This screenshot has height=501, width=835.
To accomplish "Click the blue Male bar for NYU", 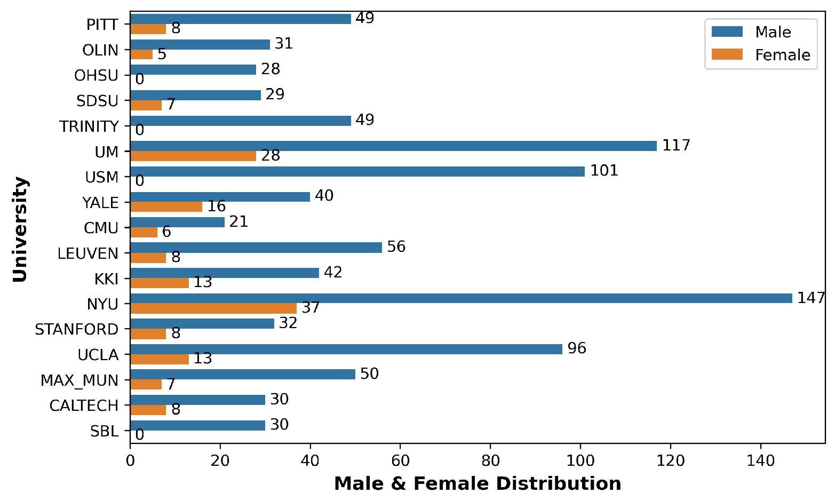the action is coord(461,298).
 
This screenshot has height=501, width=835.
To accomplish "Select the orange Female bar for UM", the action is coord(193,156).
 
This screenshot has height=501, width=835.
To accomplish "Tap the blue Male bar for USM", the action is coord(357,171).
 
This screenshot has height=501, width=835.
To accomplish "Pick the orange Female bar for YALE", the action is coord(166,207).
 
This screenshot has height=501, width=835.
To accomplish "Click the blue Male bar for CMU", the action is coord(178,222).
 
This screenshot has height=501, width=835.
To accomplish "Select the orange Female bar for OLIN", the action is coord(141,54).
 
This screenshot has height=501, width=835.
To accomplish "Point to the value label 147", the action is coord(811,298).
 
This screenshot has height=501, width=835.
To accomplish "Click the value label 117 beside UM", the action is coord(676,145).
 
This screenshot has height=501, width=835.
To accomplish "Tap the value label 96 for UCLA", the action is coord(577,348).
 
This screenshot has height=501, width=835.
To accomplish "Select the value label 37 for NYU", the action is coord(311,307).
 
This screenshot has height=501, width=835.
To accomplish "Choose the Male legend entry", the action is coord(751,32).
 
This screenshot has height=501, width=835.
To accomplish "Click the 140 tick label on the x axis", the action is coord(760,461).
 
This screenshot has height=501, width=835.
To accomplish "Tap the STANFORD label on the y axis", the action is coord(76,330).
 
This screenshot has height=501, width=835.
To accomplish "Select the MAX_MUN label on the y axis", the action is coord(79,380).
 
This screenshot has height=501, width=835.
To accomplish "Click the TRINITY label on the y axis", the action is coord(89,127).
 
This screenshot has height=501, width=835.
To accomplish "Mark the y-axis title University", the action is coord(20,229).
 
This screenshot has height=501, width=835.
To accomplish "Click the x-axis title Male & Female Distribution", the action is coord(478,484).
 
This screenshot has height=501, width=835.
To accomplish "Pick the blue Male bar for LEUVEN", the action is coord(256,248).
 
